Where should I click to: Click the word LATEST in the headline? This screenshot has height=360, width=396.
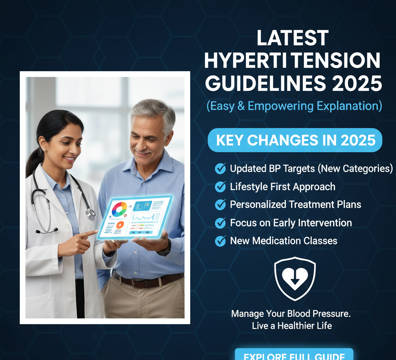(292, 39)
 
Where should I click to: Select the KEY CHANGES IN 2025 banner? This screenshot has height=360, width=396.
(295, 140)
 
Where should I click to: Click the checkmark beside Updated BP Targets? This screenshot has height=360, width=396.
(220, 168)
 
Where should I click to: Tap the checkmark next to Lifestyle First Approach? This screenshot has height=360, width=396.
(220, 187)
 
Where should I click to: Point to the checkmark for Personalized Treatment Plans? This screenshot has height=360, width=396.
(220, 205)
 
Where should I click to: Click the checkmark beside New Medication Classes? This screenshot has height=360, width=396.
(220, 241)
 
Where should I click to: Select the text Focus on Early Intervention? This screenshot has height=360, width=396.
(291, 223)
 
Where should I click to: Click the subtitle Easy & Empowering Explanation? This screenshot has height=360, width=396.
(294, 105)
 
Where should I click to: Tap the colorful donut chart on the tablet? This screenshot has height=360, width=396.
(119, 209)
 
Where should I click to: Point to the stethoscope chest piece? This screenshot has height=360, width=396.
(90, 214)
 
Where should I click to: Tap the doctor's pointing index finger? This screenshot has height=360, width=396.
(91, 233)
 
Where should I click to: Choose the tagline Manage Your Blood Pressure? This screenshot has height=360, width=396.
(291, 314)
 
